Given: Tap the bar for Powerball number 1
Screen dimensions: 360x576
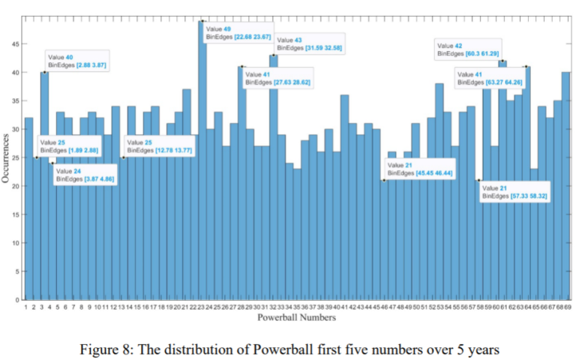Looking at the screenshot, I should pyautogui.click(x=28, y=210).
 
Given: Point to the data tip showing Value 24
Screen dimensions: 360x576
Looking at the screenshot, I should pyautogui.click(x=85, y=175).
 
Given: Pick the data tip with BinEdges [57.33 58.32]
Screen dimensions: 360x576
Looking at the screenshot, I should pyautogui.click(x=511, y=191).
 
